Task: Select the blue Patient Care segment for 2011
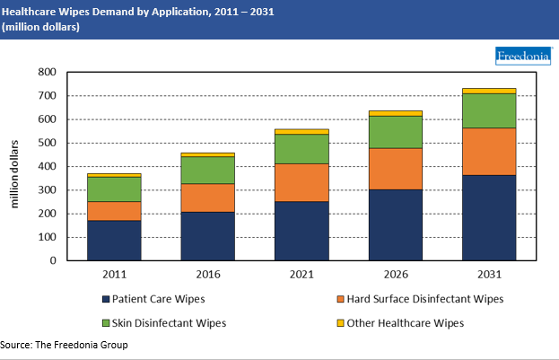point(114,241)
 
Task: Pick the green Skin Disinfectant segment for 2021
point(301,148)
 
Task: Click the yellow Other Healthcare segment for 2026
point(396,113)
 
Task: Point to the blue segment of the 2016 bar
point(208,236)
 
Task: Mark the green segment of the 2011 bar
point(114,189)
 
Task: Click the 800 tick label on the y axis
point(48,72)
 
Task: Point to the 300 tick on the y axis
point(48,190)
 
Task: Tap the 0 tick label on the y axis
point(54,261)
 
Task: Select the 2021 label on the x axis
point(301,274)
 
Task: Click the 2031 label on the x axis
point(489,274)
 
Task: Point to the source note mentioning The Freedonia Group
point(65,346)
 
